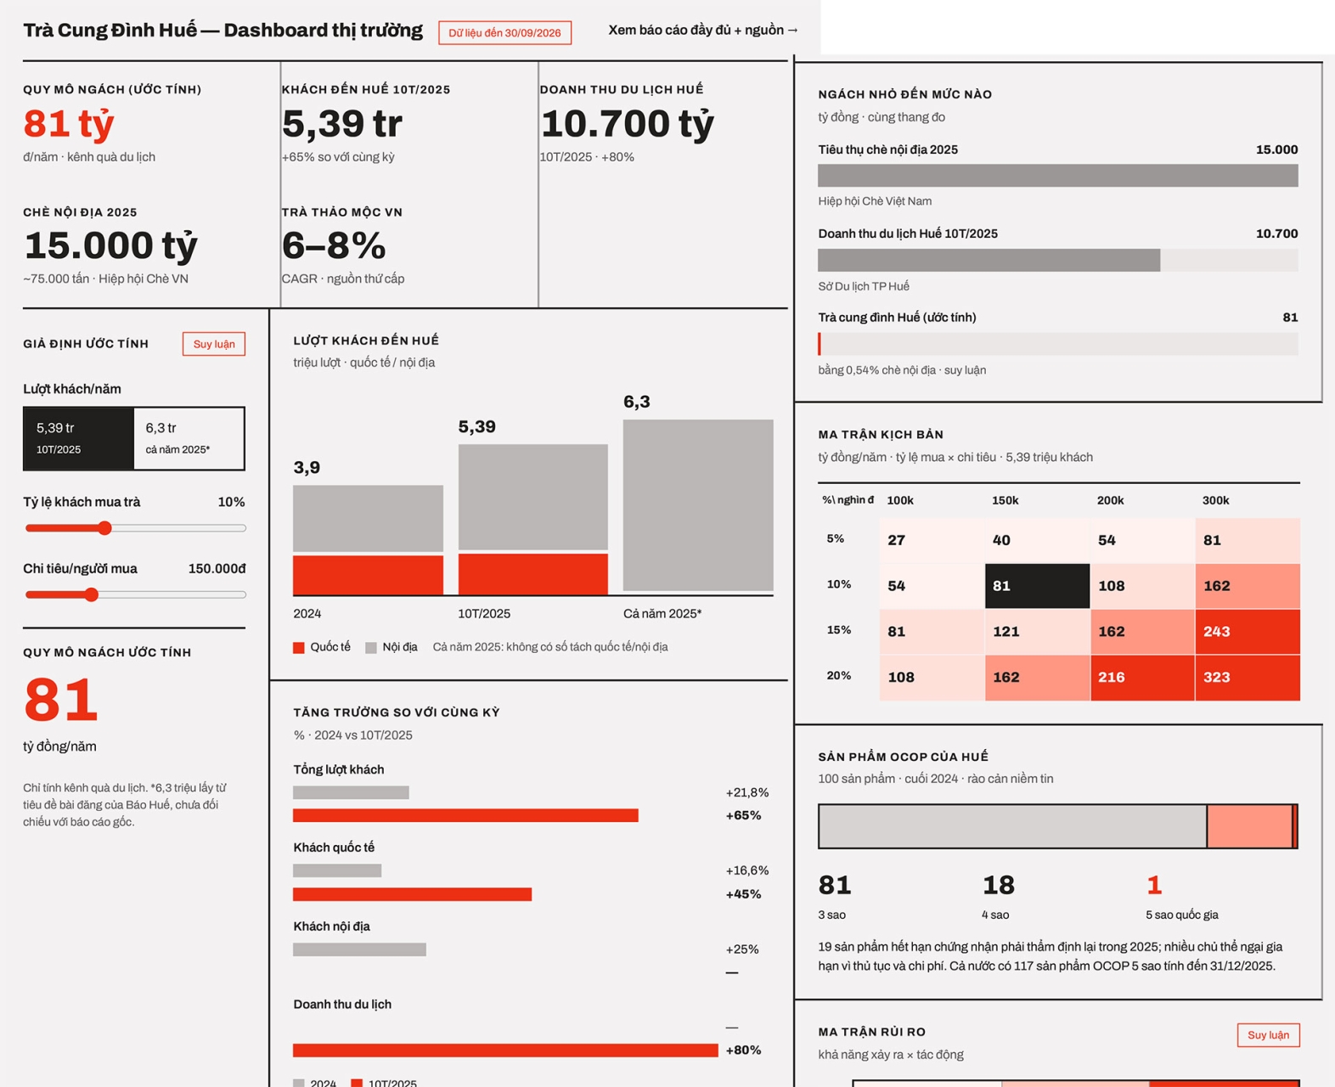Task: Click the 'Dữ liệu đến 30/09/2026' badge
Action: [x=504, y=32]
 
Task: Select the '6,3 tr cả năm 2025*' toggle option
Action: [x=189, y=438]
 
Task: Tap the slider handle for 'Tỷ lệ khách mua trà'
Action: [x=104, y=528]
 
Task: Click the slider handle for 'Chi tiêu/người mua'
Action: [x=92, y=594]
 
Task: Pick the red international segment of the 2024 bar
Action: [x=368, y=575]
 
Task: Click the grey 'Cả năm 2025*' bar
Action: [x=697, y=505]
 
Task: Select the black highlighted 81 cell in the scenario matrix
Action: [x=1037, y=586]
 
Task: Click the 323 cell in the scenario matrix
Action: [x=1248, y=678]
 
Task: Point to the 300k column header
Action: [x=1215, y=500]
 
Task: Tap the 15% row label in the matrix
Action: [x=838, y=629]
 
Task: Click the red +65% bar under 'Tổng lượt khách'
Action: [x=465, y=815]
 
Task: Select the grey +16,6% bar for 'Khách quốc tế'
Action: [x=337, y=870]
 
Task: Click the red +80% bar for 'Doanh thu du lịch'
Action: [x=506, y=1050]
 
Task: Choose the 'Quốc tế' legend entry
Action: [x=322, y=647]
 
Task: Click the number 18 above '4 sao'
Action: [x=999, y=885]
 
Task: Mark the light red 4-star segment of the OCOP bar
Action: [x=1250, y=826]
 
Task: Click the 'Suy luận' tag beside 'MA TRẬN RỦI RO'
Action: [x=1268, y=1035]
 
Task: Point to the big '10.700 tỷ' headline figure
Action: [x=628, y=123]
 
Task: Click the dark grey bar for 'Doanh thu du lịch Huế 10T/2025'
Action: [x=989, y=260]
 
